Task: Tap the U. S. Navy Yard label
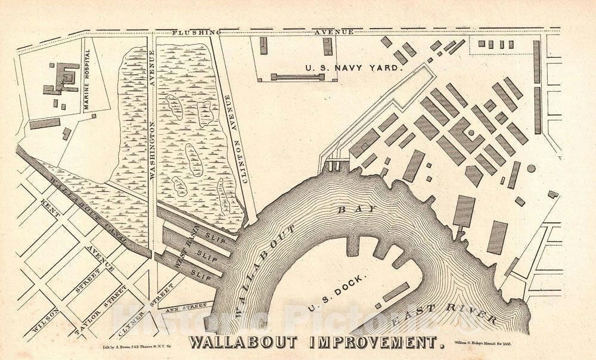(x=355, y=69)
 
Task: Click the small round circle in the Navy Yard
(x=531, y=168)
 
